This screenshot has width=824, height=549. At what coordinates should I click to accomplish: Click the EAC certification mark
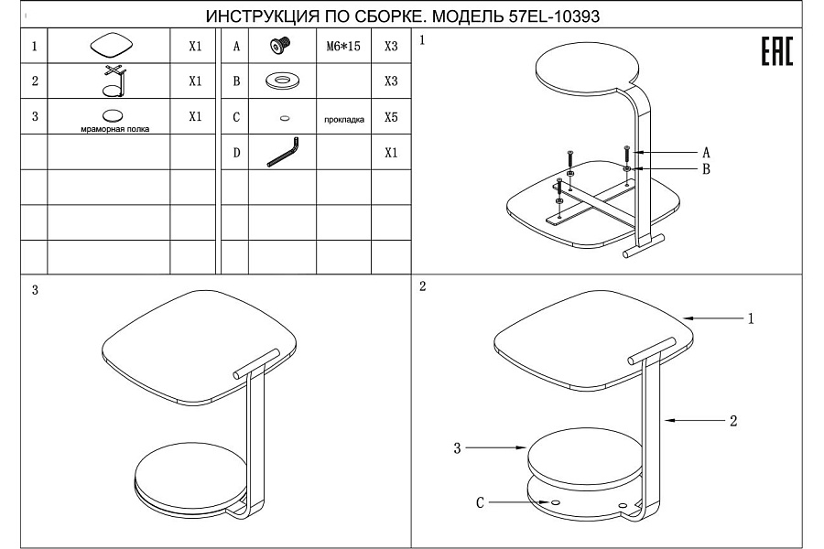[777, 51]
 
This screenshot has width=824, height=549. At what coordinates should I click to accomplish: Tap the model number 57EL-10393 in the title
[554, 16]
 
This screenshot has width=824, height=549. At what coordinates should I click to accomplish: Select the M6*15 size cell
[343, 47]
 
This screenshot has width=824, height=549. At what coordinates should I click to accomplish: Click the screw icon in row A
[282, 46]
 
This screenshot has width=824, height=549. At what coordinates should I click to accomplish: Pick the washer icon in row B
[283, 81]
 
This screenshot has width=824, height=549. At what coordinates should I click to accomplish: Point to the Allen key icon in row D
[283, 153]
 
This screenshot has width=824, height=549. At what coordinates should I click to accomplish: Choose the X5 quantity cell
[391, 117]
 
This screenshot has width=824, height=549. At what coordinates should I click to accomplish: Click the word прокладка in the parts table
[344, 119]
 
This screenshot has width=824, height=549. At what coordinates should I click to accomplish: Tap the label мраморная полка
[115, 129]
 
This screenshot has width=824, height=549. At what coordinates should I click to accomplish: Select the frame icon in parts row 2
[115, 81]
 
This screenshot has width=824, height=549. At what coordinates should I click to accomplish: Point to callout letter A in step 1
[706, 153]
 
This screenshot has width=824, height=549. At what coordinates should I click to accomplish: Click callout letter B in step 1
[706, 169]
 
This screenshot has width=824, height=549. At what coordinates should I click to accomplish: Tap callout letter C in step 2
[480, 502]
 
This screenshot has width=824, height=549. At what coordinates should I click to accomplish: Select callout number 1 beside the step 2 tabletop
[751, 318]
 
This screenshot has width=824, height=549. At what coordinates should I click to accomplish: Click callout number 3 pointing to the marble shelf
[457, 447]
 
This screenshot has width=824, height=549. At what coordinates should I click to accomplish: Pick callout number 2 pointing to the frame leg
[733, 420]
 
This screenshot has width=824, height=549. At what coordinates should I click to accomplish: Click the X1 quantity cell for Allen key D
[391, 153]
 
